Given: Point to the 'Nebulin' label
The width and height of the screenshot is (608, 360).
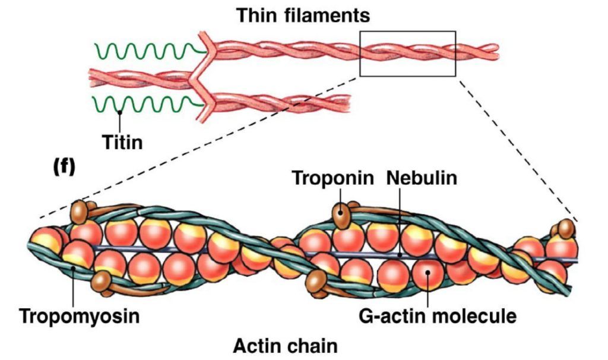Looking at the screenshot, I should click(x=422, y=178).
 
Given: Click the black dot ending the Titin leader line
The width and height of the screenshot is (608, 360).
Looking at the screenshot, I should click(x=121, y=112).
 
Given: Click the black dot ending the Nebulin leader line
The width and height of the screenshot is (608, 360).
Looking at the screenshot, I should click(x=400, y=255).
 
